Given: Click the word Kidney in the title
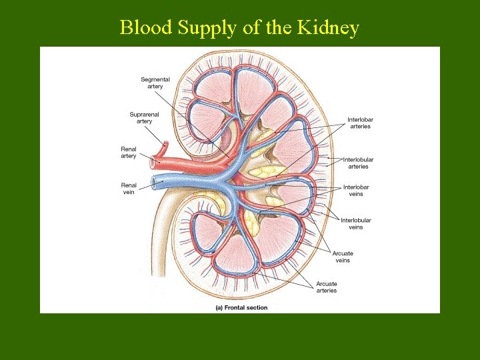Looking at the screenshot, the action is [x=329, y=28].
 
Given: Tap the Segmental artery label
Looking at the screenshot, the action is [x=155, y=83].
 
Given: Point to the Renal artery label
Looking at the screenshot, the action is [x=129, y=153].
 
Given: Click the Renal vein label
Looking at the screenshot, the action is [x=129, y=189].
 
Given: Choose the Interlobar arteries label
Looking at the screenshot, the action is [x=359, y=123].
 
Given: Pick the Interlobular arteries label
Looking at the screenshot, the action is [x=358, y=163].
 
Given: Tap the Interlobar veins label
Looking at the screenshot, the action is [x=356, y=191].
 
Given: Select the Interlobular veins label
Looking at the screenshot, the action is [x=356, y=224].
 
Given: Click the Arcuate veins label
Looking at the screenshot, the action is [x=343, y=257].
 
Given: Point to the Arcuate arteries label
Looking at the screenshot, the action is [x=327, y=287].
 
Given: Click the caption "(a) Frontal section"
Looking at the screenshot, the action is [x=241, y=307].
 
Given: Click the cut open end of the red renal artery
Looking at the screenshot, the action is [x=155, y=161].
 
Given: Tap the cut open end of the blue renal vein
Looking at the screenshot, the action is [x=155, y=181].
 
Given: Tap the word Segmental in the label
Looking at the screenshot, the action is [x=155, y=79].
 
